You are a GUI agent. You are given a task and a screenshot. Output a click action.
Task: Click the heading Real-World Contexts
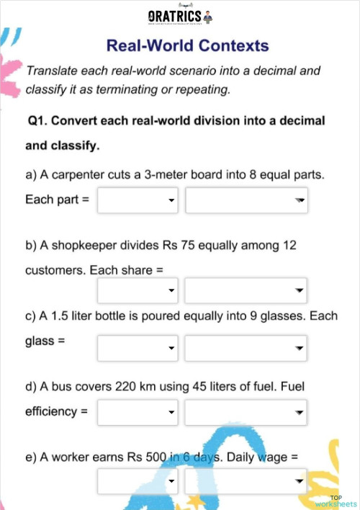pyautogui.click(x=187, y=46)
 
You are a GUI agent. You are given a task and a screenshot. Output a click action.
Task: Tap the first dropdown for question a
pyautogui.click(x=138, y=200)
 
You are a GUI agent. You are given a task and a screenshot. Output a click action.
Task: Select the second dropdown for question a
pyautogui.click(x=246, y=200)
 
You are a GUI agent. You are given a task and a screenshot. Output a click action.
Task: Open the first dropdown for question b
pyautogui.click(x=138, y=291)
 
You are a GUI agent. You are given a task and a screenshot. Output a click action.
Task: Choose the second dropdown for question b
pyautogui.click(x=246, y=291)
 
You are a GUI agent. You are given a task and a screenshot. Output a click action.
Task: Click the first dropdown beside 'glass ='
pyautogui.click(x=138, y=349)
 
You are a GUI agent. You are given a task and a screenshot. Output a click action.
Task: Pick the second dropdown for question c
pyautogui.click(x=246, y=349)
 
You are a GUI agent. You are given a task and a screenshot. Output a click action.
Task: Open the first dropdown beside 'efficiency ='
pyautogui.click(x=138, y=413)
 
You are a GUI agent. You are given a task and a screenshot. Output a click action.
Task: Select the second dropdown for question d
pyautogui.click(x=246, y=413)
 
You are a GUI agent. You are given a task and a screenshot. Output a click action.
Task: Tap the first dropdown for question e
pyautogui.click(x=138, y=481)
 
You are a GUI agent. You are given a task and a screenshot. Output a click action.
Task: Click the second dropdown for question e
pyautogui.click(x=246, y=481)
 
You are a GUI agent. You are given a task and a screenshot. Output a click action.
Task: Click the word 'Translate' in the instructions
pyautogui.click(x=51, y=71)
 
